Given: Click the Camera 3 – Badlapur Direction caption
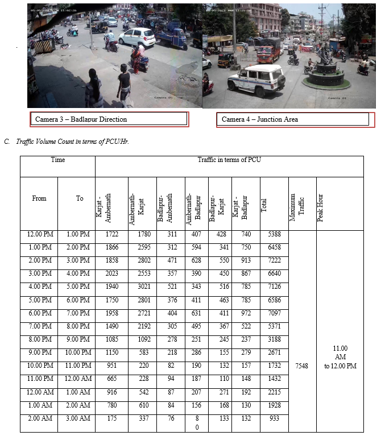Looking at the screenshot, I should pos(81,119).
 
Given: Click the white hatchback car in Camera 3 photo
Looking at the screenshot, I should pos(136,37).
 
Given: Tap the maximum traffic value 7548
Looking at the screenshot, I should pos(302,366).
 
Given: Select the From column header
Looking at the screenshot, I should pos(39,198).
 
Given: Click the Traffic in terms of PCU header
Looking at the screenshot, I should pos(229,160).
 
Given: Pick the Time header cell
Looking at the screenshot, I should pos(58,160).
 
